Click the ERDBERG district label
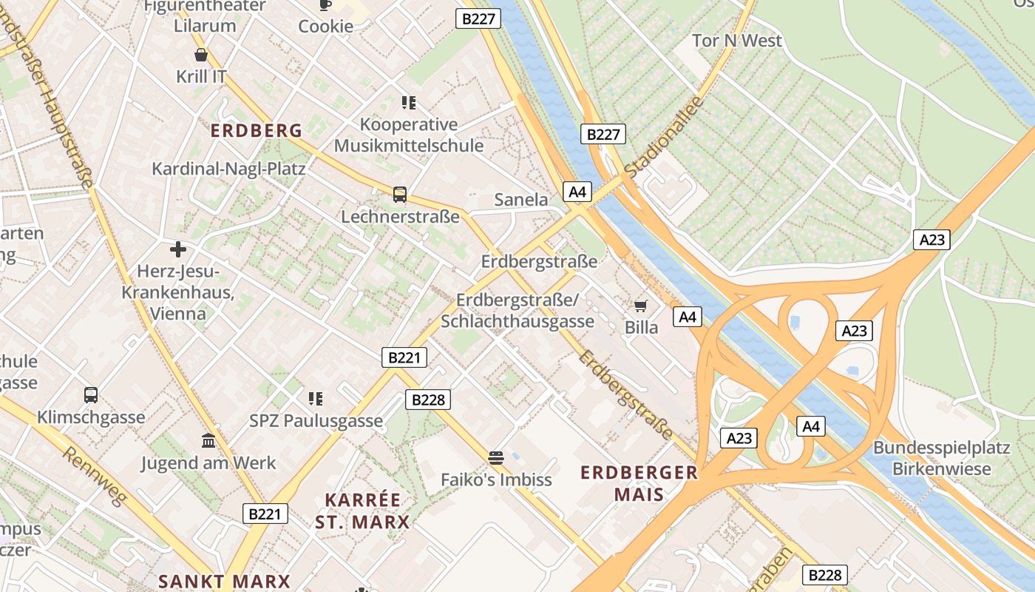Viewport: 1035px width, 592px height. tap(257, 131)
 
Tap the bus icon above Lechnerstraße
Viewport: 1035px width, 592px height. tap(400, 195)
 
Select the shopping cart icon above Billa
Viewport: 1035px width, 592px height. tap(641, 306)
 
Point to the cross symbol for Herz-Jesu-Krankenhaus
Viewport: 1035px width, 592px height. tap(177, 249)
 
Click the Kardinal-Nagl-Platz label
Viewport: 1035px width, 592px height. tap(228, 169)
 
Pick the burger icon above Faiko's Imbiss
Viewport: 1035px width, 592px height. tap(495, 457)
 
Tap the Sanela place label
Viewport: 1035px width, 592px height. tap(521, 199)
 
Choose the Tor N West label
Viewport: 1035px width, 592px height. tap(736, 41)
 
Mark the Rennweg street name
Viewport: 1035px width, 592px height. tap(94, 476)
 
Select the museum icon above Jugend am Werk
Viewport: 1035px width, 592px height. tap(208, 440)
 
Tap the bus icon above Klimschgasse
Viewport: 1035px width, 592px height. tap(91, 394)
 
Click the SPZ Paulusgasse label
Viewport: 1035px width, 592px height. tap(316, 421)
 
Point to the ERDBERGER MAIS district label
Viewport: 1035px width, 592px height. tap(639, 483)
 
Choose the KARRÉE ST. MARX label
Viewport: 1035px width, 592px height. tap(362, 511)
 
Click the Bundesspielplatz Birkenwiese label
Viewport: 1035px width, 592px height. tap(941, 458)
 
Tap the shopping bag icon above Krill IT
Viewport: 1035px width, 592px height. tap(201, 55)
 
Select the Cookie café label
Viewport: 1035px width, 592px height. tap(325, 26)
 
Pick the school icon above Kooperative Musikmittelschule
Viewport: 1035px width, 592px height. tap(408, 102)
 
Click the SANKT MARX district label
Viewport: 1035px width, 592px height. tap(224, 581)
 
